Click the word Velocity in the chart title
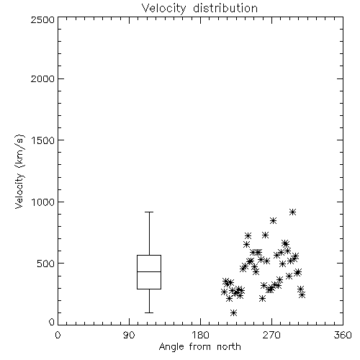coord(163,9)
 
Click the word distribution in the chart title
coord(225,8)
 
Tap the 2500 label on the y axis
coord(42,19)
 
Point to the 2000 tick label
coord(42,78)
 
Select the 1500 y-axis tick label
coord(43,140)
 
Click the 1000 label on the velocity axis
coord(43,202)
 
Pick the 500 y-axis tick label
coord(46,264)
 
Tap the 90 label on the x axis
coord(129,335)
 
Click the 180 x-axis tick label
coord(200,335)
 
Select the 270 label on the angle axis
coord(271,335)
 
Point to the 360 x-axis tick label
coord(343,335)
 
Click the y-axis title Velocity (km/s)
coord(19,171)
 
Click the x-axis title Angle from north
coord(199,347)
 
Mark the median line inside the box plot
coord(149,271)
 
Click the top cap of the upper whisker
coord(149,212)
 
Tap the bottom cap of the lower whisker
coord(149,312)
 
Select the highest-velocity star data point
coord(292,212)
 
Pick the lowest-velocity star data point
coord(233,312)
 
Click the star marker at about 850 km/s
coord(273,220)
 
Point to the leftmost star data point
coord(224,292)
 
